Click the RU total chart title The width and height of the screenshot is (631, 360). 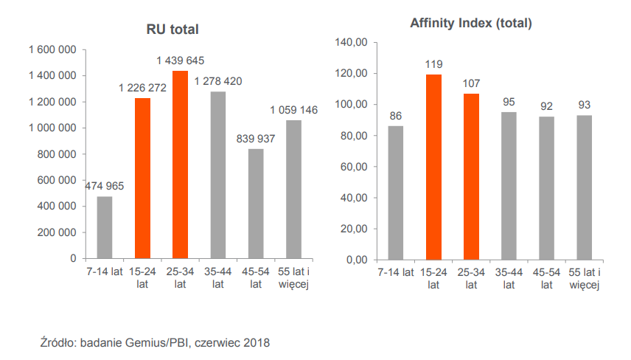point(173,30)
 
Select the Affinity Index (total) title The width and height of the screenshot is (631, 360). point(471,24)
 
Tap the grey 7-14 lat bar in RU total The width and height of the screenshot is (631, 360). point(105,227)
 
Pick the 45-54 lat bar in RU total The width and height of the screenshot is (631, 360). point(256,204)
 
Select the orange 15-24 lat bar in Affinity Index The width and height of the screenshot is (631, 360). point(433,167)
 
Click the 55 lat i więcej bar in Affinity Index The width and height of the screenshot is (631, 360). point(584,187)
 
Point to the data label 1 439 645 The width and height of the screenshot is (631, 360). point(181,60)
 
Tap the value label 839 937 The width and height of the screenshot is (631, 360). point(255,138)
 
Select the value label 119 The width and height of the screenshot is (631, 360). point(433,64)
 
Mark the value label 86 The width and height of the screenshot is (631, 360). point(396,116)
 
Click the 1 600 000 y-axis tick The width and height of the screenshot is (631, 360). point(52,49)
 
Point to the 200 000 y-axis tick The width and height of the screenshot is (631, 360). point(57,232)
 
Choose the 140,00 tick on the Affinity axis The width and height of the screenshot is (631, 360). point(351,43)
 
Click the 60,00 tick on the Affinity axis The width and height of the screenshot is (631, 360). point(354,167)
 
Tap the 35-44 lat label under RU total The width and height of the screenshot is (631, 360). point(218,277)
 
